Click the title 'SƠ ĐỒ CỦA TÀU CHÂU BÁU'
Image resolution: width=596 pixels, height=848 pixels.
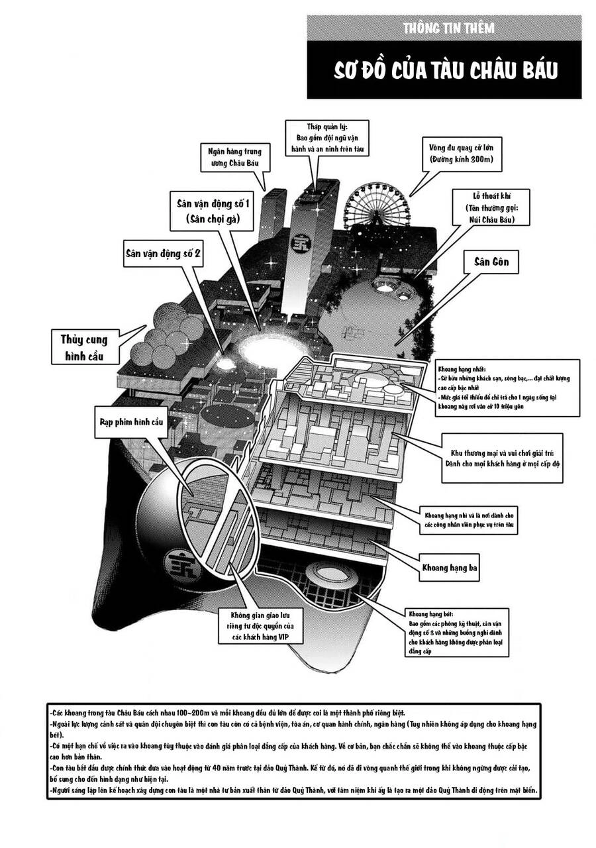444,70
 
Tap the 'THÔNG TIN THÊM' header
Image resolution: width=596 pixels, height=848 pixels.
448,28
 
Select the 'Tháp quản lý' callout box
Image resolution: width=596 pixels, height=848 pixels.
326,138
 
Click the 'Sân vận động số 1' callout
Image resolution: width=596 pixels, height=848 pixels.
213,209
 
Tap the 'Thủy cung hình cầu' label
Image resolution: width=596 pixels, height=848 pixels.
84,348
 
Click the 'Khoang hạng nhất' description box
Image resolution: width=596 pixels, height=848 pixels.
507,388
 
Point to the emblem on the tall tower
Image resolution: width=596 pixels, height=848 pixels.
300,240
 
